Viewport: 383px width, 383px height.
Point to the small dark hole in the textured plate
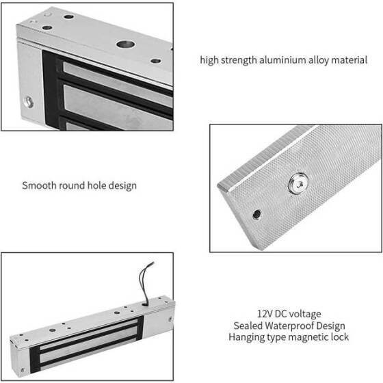[x=256, y=214]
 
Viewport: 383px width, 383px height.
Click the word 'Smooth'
[x=39, y=185]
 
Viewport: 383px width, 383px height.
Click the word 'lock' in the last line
[x=340, y=337]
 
